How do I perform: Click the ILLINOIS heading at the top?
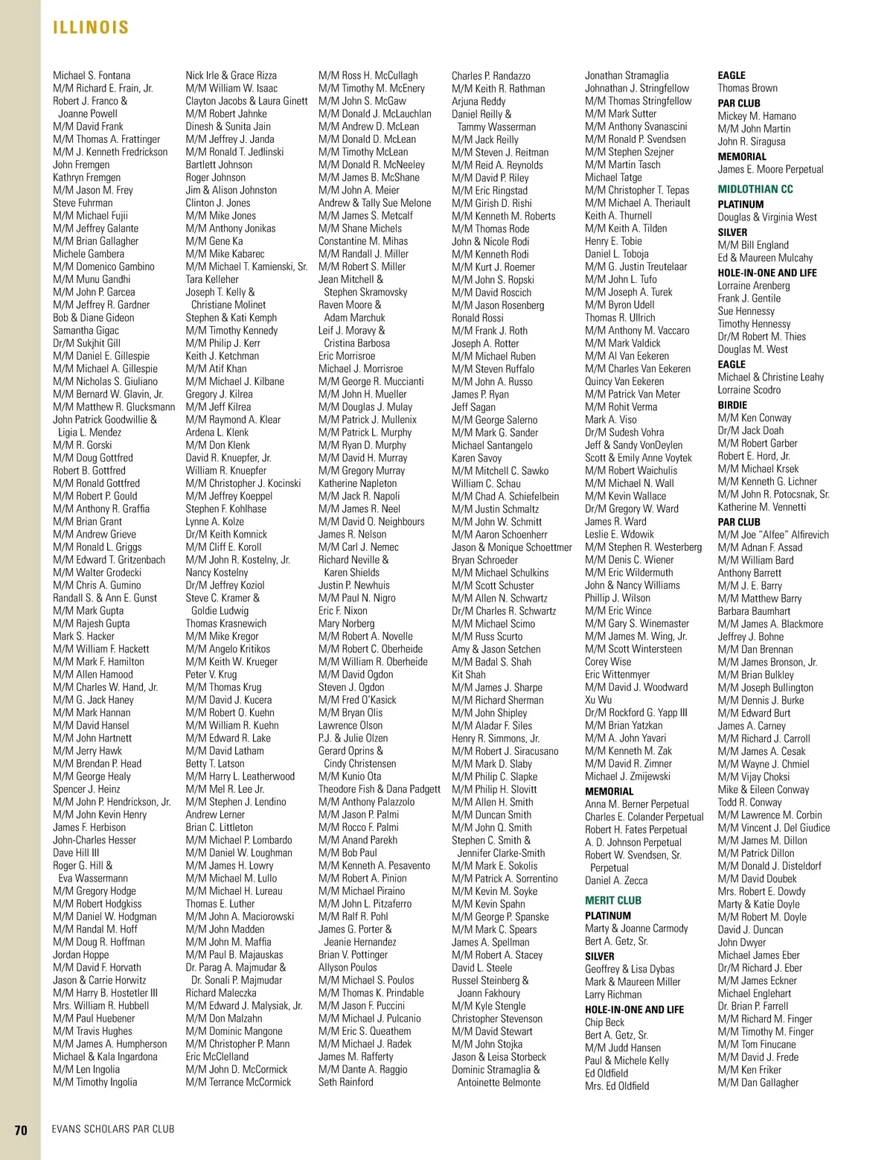point(91,28)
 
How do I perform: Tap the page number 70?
point(21,1129)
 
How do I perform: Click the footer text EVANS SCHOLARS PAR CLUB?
point(113,1129)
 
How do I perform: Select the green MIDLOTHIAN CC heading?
point(755,189)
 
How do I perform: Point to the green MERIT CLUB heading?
point(613,900)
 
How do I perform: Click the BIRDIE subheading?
point(732,404)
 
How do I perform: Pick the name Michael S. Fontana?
point(92,75)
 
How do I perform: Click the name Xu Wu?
point(598,700)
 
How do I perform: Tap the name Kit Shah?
point(469,675)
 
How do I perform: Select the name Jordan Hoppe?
point(81,955)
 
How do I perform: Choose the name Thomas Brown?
point(747,88)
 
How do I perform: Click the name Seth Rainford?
point(346,1082)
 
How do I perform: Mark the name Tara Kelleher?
point(212,279)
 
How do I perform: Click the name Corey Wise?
point(608,662)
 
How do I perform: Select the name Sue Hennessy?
point(746,311)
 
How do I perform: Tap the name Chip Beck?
point(604,1022)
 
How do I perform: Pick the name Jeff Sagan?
point(473,407)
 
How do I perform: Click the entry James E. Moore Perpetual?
point(770,169)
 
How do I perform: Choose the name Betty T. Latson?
point(215,763)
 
